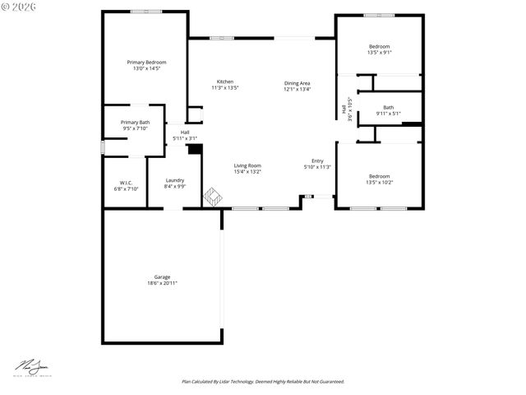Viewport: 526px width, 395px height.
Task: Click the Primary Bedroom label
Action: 146,63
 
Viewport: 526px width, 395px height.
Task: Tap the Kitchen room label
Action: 224,81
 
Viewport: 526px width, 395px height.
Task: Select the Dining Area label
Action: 298,83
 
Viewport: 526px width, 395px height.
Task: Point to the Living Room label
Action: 247,165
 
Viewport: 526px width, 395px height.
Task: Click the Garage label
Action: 162,276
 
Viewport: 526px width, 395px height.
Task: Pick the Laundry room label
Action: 174,180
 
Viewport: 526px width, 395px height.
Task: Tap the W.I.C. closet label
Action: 126,183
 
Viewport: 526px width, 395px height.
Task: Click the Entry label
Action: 317,160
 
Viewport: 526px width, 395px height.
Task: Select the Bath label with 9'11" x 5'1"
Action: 388,107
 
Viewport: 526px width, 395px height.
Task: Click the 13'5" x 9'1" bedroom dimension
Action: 379,53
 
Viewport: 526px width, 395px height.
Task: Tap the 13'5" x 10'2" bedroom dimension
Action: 379,182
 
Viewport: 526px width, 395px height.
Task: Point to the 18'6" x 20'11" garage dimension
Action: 162,283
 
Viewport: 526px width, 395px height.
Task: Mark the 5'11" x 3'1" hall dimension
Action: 185,138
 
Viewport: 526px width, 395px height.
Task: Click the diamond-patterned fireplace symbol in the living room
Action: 213,197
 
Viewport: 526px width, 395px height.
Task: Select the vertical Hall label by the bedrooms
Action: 344,109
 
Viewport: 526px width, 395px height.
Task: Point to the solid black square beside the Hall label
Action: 195,150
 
